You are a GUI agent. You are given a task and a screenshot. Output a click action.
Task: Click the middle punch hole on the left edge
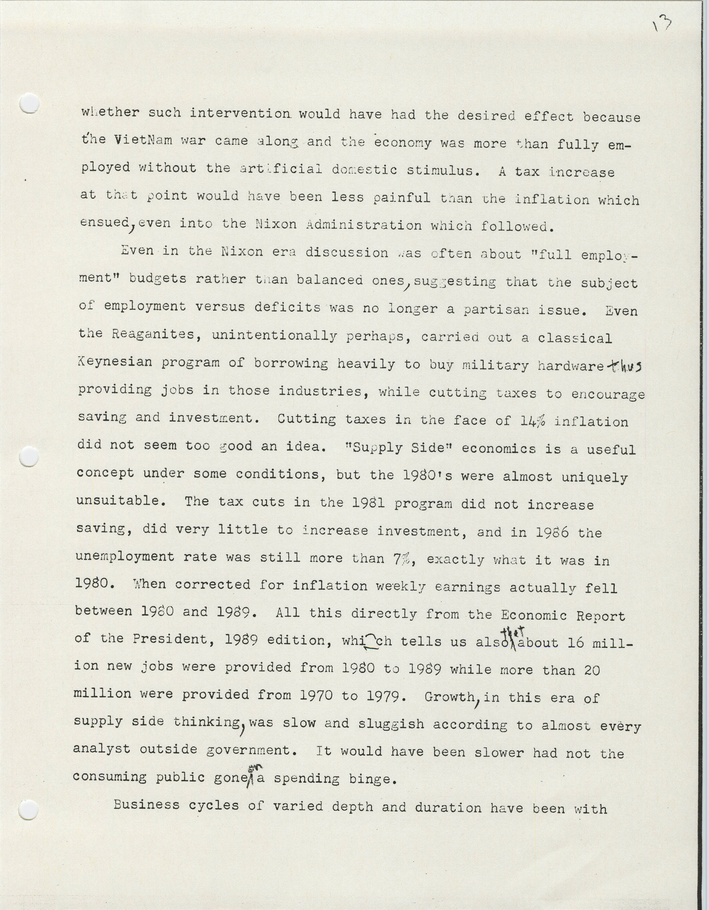(29, 457)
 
